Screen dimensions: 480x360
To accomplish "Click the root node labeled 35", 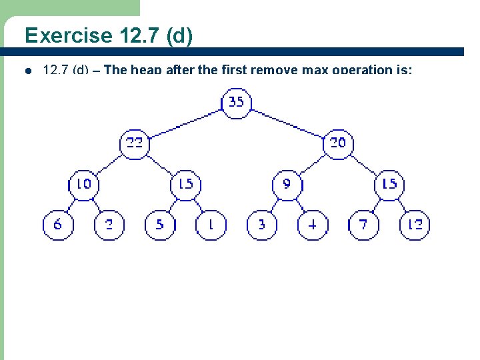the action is (236, 103).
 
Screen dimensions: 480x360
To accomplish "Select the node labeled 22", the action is (135, 143).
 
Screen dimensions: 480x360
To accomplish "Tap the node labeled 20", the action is (338, 143).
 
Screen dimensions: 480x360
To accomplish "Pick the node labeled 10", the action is (84, 184).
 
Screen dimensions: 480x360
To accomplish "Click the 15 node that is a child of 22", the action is (186, 184).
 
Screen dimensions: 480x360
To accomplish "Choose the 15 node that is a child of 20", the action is (389, 184).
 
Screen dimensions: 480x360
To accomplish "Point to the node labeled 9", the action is (287, 184).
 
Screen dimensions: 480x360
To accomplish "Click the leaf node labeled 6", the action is (58, 225).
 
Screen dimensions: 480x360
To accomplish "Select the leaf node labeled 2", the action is (110, 225).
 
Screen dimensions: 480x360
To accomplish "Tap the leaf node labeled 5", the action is (160, 225).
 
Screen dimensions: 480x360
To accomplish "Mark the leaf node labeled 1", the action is (211, 225).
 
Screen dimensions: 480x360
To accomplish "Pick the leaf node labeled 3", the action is (262, 225).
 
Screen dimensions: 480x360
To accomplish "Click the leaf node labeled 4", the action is (313, 225).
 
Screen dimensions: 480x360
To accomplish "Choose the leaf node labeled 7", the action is (363, 225).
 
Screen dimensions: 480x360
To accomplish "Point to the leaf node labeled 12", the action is (415, 225).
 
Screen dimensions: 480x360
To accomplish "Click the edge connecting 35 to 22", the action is (186, 123).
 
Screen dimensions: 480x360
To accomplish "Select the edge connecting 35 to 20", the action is (287, 123).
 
